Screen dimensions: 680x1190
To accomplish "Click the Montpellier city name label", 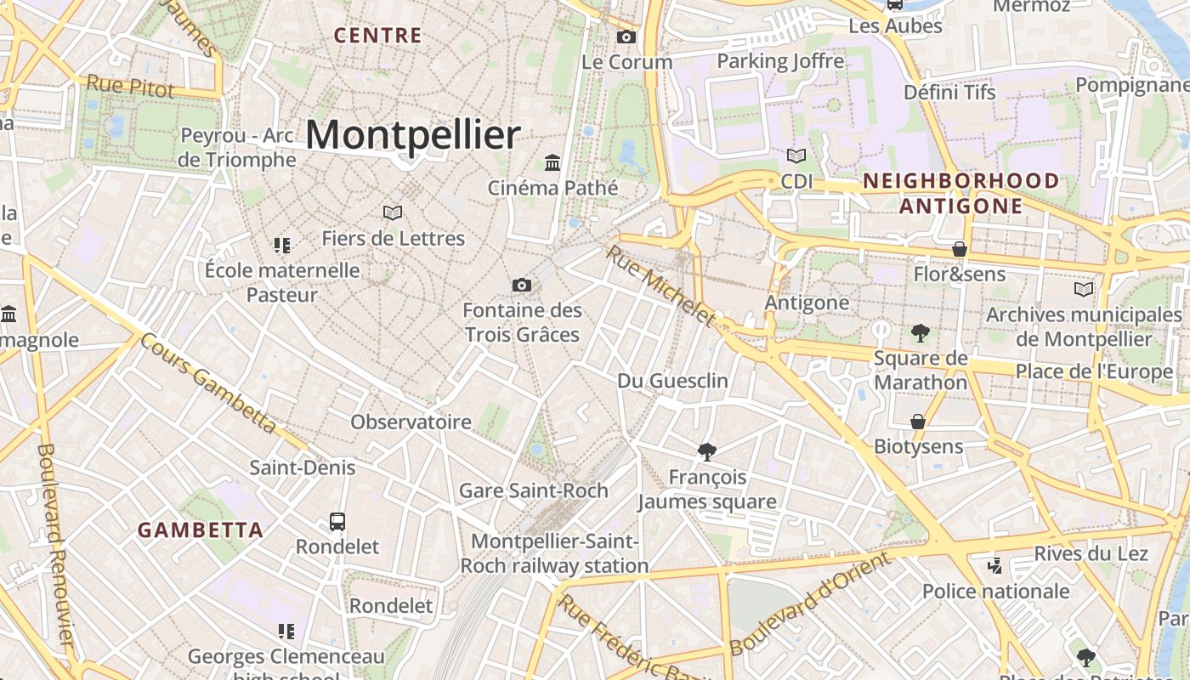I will (x=413, y=135).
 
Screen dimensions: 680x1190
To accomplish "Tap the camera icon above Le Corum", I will (x=626, y=37).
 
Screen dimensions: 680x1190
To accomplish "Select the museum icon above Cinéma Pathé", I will (x=552, y=162).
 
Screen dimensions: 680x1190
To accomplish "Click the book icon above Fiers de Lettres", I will (x=392, y=212).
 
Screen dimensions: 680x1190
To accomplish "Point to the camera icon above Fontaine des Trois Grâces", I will (x=522, y=285).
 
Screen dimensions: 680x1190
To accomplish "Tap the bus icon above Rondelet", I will (x=337, y=521).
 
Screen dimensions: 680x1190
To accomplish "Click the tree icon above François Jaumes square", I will (x=706, y=451).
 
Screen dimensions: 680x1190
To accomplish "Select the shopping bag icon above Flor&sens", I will (x=960, y=249).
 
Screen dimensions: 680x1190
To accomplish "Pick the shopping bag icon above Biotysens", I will (x=918, y=422).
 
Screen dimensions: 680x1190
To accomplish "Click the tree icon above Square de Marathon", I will (x=920, y=333).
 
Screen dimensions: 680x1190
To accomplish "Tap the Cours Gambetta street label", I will (x=208, y=382).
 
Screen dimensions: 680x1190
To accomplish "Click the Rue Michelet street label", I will (x=662, y=286).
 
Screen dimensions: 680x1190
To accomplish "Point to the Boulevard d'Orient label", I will (x=810, y=603).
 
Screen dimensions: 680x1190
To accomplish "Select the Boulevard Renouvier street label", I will (x=57, y=544).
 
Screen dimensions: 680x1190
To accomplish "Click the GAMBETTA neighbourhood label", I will (x=201, y=530).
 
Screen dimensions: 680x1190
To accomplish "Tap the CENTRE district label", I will (x=377, y=36).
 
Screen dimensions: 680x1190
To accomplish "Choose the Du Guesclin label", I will (x=673, y=381).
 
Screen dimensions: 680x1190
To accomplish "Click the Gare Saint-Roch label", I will (x=534, y=490).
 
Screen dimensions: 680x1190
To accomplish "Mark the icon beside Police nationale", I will (x=995, y=565).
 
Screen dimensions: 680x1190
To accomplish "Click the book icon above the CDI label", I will (x=796, y=156).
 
